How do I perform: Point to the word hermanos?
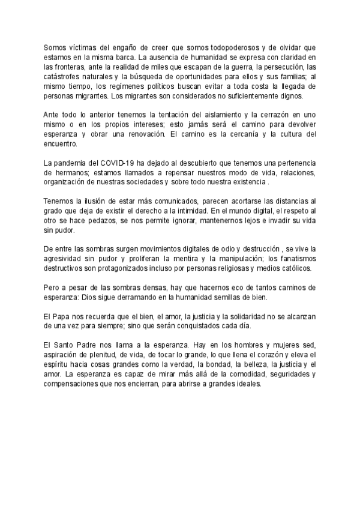click(71, 174)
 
